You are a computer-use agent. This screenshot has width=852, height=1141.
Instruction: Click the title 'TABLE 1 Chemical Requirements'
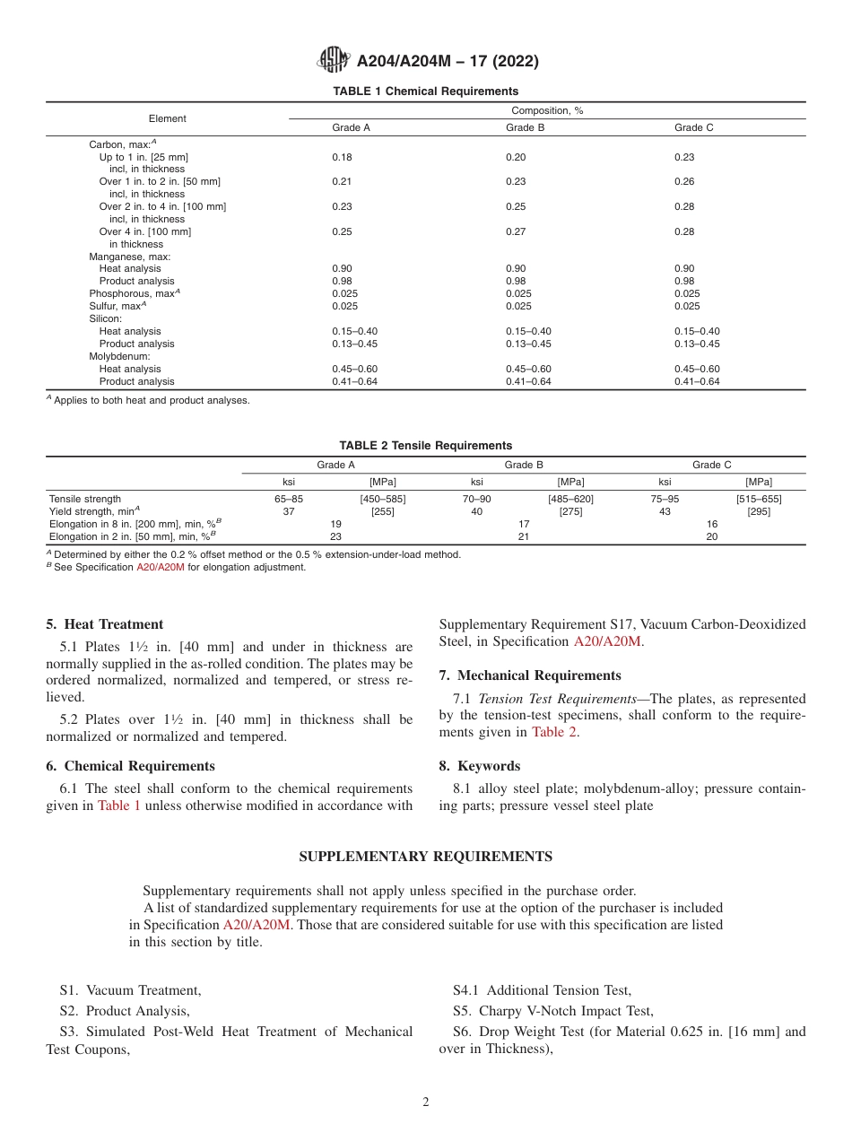[x=425, y=91]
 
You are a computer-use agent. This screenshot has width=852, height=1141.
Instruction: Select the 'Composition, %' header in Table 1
[x=547, y=110]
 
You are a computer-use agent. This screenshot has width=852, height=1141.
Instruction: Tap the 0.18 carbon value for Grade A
[x=342, y=157]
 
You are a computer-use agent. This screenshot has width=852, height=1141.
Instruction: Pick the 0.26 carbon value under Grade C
[x=684, y=181]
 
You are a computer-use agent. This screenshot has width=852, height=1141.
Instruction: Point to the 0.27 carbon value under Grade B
[x=516, y=231]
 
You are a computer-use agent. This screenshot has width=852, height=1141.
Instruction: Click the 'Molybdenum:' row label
[x=119, y=356]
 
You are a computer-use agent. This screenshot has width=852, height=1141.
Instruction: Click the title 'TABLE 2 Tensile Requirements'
[x=425, y=446]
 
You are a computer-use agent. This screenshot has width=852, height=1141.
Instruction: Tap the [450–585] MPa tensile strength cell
[x=382, y=499]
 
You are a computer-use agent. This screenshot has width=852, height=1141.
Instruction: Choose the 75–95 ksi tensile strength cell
[x=665, y=499]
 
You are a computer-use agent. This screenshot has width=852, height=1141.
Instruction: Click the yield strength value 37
[x=289, y=511]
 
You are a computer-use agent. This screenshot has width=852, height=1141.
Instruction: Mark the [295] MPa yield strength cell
[x=759, y=511]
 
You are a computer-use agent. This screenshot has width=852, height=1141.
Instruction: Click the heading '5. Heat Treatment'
[x=104, y=624]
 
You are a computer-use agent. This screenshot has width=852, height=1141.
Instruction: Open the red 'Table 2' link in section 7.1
[x=554, y=732]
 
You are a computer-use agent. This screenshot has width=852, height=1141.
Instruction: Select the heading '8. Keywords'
[x=479, y=766]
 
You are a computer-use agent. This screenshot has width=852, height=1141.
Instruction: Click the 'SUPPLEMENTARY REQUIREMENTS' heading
[x=425, y=857]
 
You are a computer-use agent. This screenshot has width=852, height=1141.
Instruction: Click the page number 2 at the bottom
[x=426, y=1102]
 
